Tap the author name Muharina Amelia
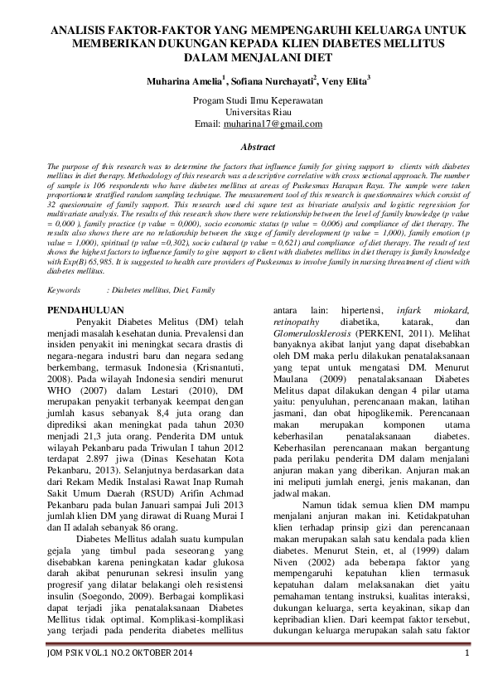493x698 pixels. click(176, 82)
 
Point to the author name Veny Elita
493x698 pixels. click(347, 82)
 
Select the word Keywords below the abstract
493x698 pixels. click(64, 291)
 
